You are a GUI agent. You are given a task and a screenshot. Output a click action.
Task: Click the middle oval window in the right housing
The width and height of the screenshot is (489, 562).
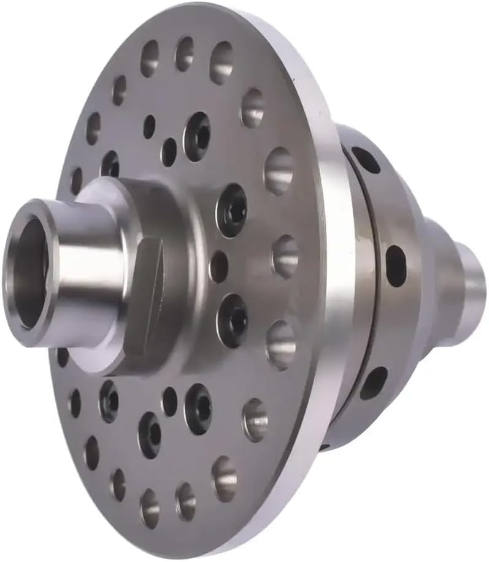click(x=395, y=264)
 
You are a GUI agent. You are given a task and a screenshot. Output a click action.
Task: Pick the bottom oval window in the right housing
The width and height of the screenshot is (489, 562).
click(x=374, y=382)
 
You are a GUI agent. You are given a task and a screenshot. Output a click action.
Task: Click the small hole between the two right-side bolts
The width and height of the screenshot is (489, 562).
click(x=218, y=267)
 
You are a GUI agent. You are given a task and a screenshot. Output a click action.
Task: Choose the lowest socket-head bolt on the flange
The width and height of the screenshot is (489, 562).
click(x=150, y=434)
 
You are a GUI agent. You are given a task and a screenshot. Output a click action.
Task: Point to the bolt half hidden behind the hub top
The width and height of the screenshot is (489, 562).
click(x=110, y=164)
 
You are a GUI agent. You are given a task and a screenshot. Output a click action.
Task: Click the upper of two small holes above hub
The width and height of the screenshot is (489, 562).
click(x=149, y=126)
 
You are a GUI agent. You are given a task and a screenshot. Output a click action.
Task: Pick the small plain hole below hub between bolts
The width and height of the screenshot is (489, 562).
click(x=169, y=401)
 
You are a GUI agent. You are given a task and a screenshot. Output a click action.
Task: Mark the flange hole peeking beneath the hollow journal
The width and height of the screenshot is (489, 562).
click(x=63, y=356)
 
